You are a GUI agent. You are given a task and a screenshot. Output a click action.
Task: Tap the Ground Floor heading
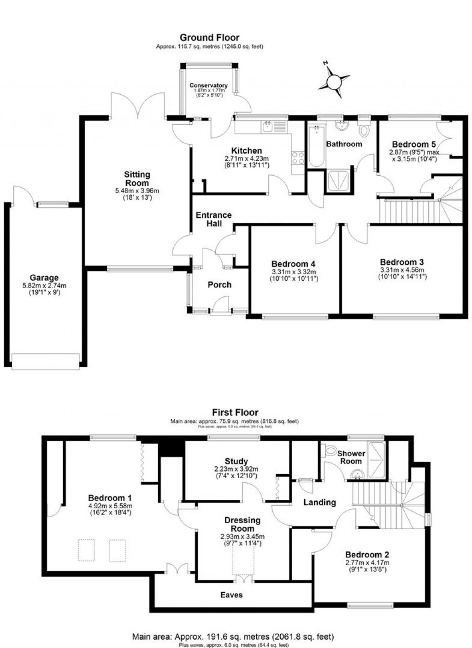[x=209, y=38]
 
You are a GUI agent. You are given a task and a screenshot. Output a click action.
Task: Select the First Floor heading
[x=235, y=412]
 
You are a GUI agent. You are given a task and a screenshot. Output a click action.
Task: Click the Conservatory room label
[x=208, y=86]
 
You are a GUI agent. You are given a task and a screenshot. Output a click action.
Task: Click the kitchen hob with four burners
[x=298, y=158]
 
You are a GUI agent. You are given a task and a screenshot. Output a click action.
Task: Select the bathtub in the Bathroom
[x=316, y=145]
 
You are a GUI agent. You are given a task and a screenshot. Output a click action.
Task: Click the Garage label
[x=44, y=278]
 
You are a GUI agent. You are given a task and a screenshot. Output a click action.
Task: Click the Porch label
[x=219, y=285]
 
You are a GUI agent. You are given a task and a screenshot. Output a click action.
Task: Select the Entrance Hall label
[x=213, y=219]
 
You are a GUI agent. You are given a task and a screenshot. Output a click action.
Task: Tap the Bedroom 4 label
[x=293, y=264]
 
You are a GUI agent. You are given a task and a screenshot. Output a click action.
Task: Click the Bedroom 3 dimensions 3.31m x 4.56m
[x=402, y=270]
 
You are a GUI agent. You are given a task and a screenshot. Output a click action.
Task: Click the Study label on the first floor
[x=236, y=461]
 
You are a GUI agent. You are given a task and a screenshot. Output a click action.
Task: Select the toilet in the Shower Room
[x=330, y=449]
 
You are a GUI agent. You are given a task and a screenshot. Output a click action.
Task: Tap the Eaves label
[x=231, y=595]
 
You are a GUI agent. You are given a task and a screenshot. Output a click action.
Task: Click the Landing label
[x=319, y=502]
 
